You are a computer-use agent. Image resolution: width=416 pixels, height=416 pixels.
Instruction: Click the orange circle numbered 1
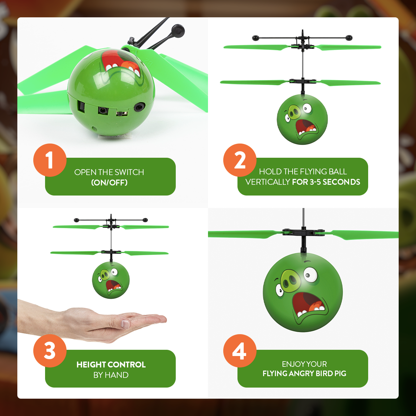(x=50, y=160)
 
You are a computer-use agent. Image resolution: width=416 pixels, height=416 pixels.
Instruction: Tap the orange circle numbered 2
(x=240, y=160)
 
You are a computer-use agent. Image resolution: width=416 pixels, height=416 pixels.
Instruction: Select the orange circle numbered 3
(x=50, y=350)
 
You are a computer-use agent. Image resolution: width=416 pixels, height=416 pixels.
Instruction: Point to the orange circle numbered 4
(x=240, y=350)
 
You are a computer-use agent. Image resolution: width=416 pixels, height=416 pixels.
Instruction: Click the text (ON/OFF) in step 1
(x=109, y=182)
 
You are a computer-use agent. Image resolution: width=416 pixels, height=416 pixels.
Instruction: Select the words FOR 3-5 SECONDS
(x=326, y=182)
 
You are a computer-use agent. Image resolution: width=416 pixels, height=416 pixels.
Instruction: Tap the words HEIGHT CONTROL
(x=111, y=364)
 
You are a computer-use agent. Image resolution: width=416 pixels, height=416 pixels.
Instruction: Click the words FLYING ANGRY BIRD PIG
(x=304, y=373)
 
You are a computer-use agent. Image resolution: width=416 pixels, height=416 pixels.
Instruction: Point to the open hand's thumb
(x=127, y=324)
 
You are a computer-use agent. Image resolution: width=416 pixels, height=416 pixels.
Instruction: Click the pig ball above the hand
(x=111, y=280)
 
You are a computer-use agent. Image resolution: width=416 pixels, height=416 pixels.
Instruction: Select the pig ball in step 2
(x=302, y=119)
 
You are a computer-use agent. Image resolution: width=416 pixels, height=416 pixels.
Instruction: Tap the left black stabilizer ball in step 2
(x=255, y=37)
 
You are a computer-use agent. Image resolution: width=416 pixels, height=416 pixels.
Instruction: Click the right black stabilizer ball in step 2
(x=349, y=37)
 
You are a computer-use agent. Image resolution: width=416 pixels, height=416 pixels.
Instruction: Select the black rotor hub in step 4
(x=303, y=232)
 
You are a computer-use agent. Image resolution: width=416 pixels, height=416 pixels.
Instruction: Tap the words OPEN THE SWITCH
(x=109, y=172)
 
